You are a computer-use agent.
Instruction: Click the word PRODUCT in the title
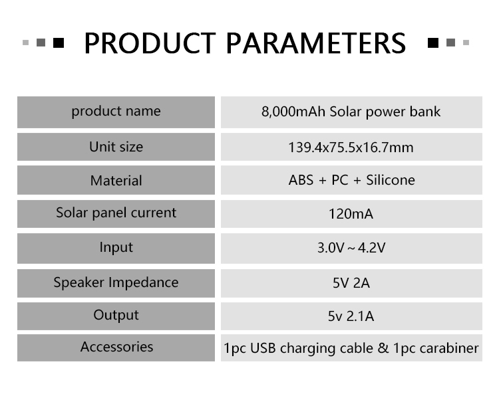150,43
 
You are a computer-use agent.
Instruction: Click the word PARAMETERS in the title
316,43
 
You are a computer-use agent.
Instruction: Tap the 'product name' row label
116,112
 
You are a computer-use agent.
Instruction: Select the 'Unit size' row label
116,147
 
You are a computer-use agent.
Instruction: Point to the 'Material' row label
116,181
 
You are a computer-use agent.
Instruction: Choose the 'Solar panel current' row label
116,213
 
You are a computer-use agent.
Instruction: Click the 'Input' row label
116,248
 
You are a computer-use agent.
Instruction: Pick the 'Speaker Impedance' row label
116,282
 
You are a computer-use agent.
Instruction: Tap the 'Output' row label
116,315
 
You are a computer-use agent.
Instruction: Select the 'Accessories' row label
117,347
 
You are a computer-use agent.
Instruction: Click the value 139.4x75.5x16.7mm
351,148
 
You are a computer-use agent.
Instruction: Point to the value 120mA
351,214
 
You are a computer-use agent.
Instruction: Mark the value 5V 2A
351,283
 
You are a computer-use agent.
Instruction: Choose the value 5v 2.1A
351,316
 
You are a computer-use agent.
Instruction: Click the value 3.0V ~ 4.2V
351,248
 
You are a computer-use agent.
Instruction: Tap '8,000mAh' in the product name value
293,112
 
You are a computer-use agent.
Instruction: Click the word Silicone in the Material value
391,180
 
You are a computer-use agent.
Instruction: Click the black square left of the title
59,43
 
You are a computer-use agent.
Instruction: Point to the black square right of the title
433,43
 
